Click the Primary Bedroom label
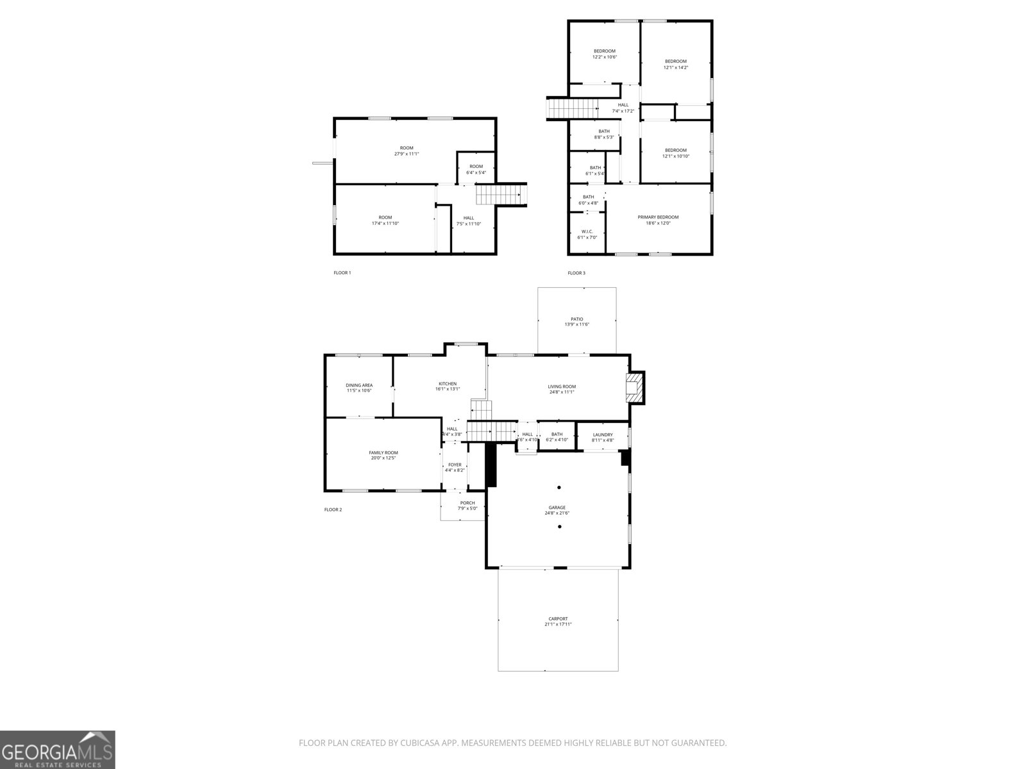(x=658, y=217)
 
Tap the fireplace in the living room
(x=634, y=388)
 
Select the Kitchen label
(x=448, y=384)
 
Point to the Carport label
(x=558, y=619)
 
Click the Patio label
(x=577, y=319)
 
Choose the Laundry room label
(x=603, y=435)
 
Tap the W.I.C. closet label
(x=587, y=232)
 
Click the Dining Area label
(x=359, y=386)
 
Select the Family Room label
(x=383, y=453)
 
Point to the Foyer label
(x=455, y=465)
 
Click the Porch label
(x=467, y=503)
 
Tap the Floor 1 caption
(x=342, y=273)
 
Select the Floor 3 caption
(x=576, y=273)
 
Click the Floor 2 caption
(x=333, y=510)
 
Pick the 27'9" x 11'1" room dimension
(x=407, y=154)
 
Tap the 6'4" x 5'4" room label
(x=476, y=169)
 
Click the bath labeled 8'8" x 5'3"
(x=604, y=134)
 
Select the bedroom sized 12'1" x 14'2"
(x=676, y=64)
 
